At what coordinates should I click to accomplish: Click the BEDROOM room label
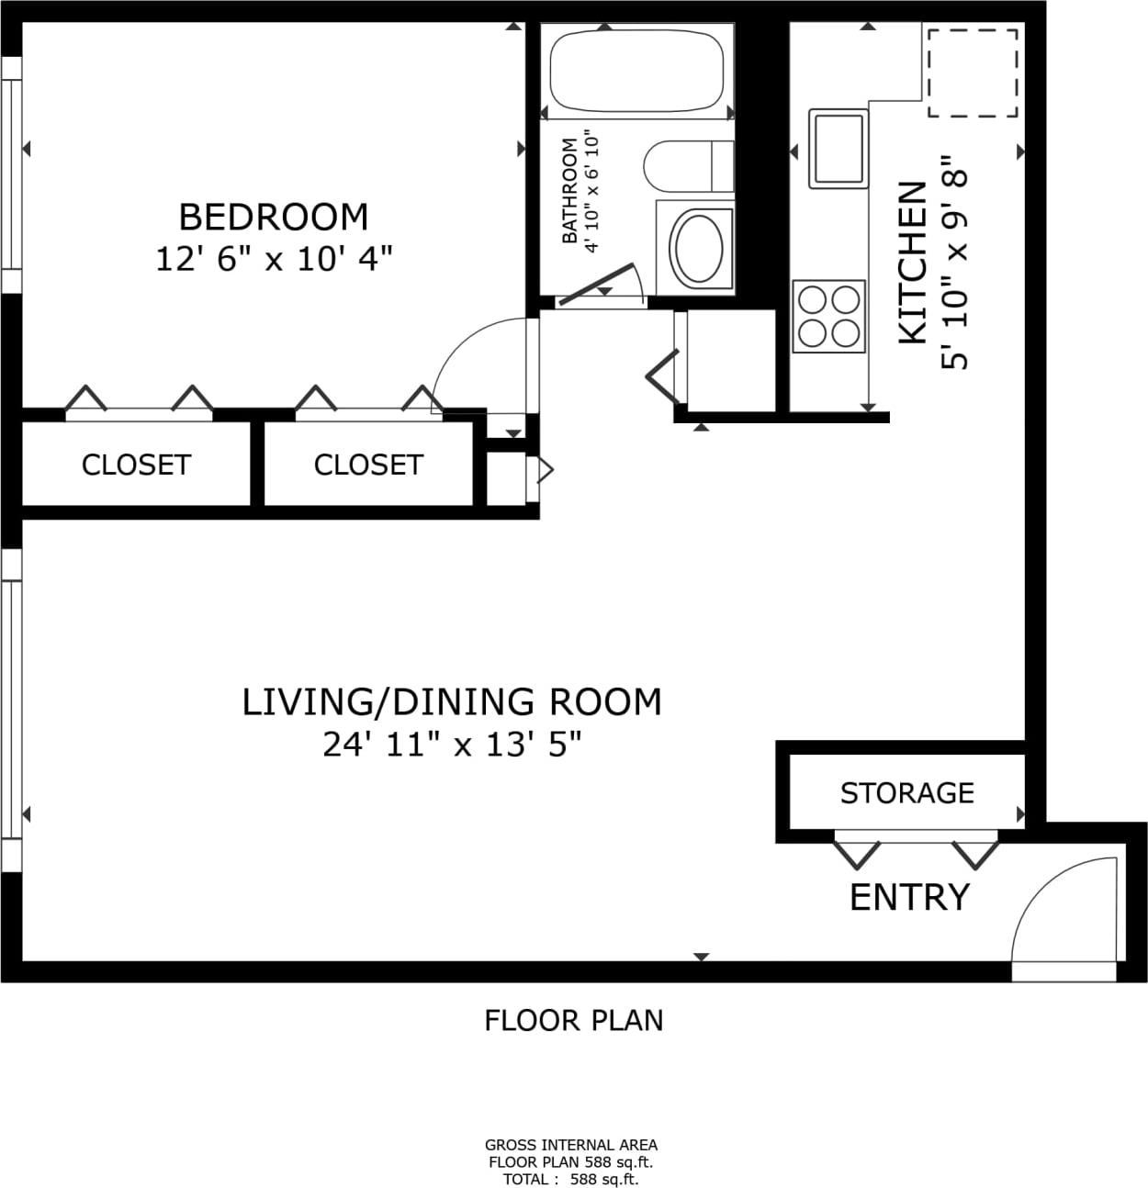click(274, 218)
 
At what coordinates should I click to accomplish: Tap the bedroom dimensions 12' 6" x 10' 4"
click(274, 259)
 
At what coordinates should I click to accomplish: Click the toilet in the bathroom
click(689, 166)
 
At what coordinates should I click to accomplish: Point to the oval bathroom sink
click(696, 248)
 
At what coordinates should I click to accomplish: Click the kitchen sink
click(838, 149)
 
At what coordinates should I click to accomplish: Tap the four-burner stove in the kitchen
click(828, 316)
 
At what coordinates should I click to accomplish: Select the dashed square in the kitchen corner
click(973, 73)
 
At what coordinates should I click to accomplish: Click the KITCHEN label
click(913, 263)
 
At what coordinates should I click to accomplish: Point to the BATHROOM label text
click(569, 190)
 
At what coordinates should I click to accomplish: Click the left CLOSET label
click(136, 465)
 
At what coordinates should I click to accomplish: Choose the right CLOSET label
click(368, 465)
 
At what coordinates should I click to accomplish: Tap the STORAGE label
click(906, 793)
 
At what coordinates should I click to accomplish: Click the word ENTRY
click(910, 897)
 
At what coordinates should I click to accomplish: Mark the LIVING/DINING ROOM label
click(452, 702)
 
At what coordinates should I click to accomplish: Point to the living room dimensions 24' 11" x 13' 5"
click(452, 745)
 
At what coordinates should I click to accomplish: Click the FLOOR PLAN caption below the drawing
click(573, 1021)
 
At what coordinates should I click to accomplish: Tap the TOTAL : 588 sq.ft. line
click(571, 1180)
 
